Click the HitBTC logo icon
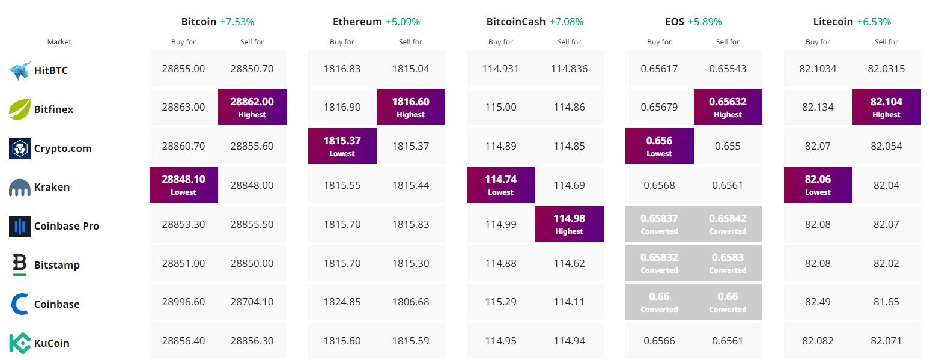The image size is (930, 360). point(20,70)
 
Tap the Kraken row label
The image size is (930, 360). point(52,187)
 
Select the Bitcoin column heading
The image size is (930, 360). point(199,22)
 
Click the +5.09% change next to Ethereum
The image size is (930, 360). point(403,22)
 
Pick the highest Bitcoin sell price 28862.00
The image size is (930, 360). point(252,106)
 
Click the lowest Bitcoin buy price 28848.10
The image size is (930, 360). point(183,185)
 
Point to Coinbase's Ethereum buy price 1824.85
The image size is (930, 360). point(342,302)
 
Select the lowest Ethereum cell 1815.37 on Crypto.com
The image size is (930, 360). point(342,145)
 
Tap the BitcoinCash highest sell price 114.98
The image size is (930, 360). point(569,224)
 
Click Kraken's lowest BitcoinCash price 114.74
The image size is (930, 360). point(500,185)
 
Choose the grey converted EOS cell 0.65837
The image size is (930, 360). point(659,224)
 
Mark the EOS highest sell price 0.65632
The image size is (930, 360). point(728,106)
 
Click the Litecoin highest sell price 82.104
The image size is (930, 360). point(886,106)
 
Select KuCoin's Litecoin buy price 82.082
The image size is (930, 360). point(818,341)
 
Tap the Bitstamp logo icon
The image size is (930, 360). point(20,265)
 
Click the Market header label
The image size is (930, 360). point(59,42)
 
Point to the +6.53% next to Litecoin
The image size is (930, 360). point(874,22)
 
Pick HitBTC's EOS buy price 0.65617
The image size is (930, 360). point(659,69)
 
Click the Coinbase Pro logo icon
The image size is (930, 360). point(20,226)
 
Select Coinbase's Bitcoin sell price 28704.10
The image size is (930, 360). point(252,302)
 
